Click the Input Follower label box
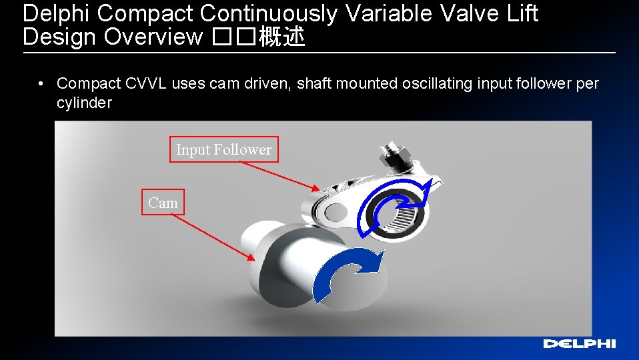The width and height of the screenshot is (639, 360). pos(223,150)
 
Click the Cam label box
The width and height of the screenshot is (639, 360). pos(163,203)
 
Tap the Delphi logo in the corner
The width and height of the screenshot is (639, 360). pos(579,344)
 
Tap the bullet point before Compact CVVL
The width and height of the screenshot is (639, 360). pos(41,84)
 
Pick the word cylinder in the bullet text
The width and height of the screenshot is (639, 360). pos(84,103)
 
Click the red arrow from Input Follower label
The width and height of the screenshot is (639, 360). pos(280,177)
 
